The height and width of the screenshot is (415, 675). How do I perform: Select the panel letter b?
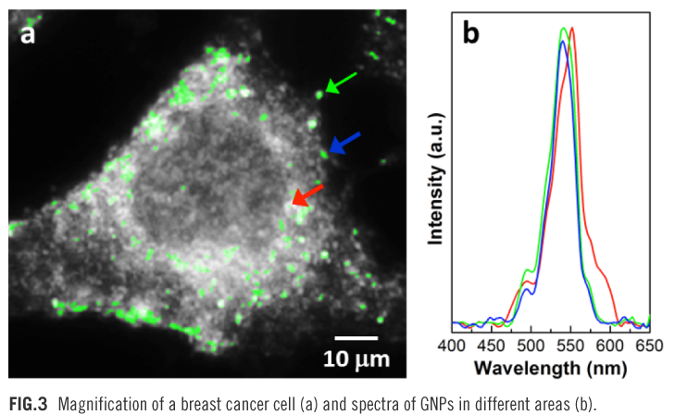click(x=471, y=34)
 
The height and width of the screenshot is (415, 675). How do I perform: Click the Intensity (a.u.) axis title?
click(x=435, y=180)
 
